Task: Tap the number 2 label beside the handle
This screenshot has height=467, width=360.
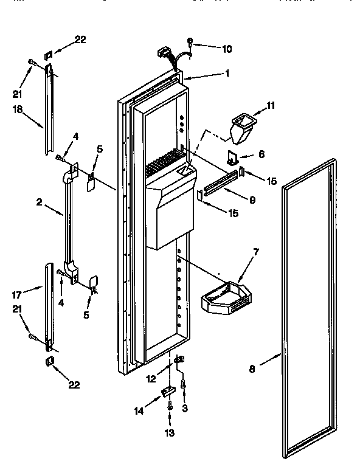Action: [x=38, y=203]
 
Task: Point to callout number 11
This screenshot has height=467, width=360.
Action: [x=270, y=105]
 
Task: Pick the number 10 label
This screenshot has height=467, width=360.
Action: [x=210, y=48]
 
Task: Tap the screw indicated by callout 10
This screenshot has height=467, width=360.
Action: [x=190, y=41]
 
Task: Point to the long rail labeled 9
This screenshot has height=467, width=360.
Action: [x=220, y=184]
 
